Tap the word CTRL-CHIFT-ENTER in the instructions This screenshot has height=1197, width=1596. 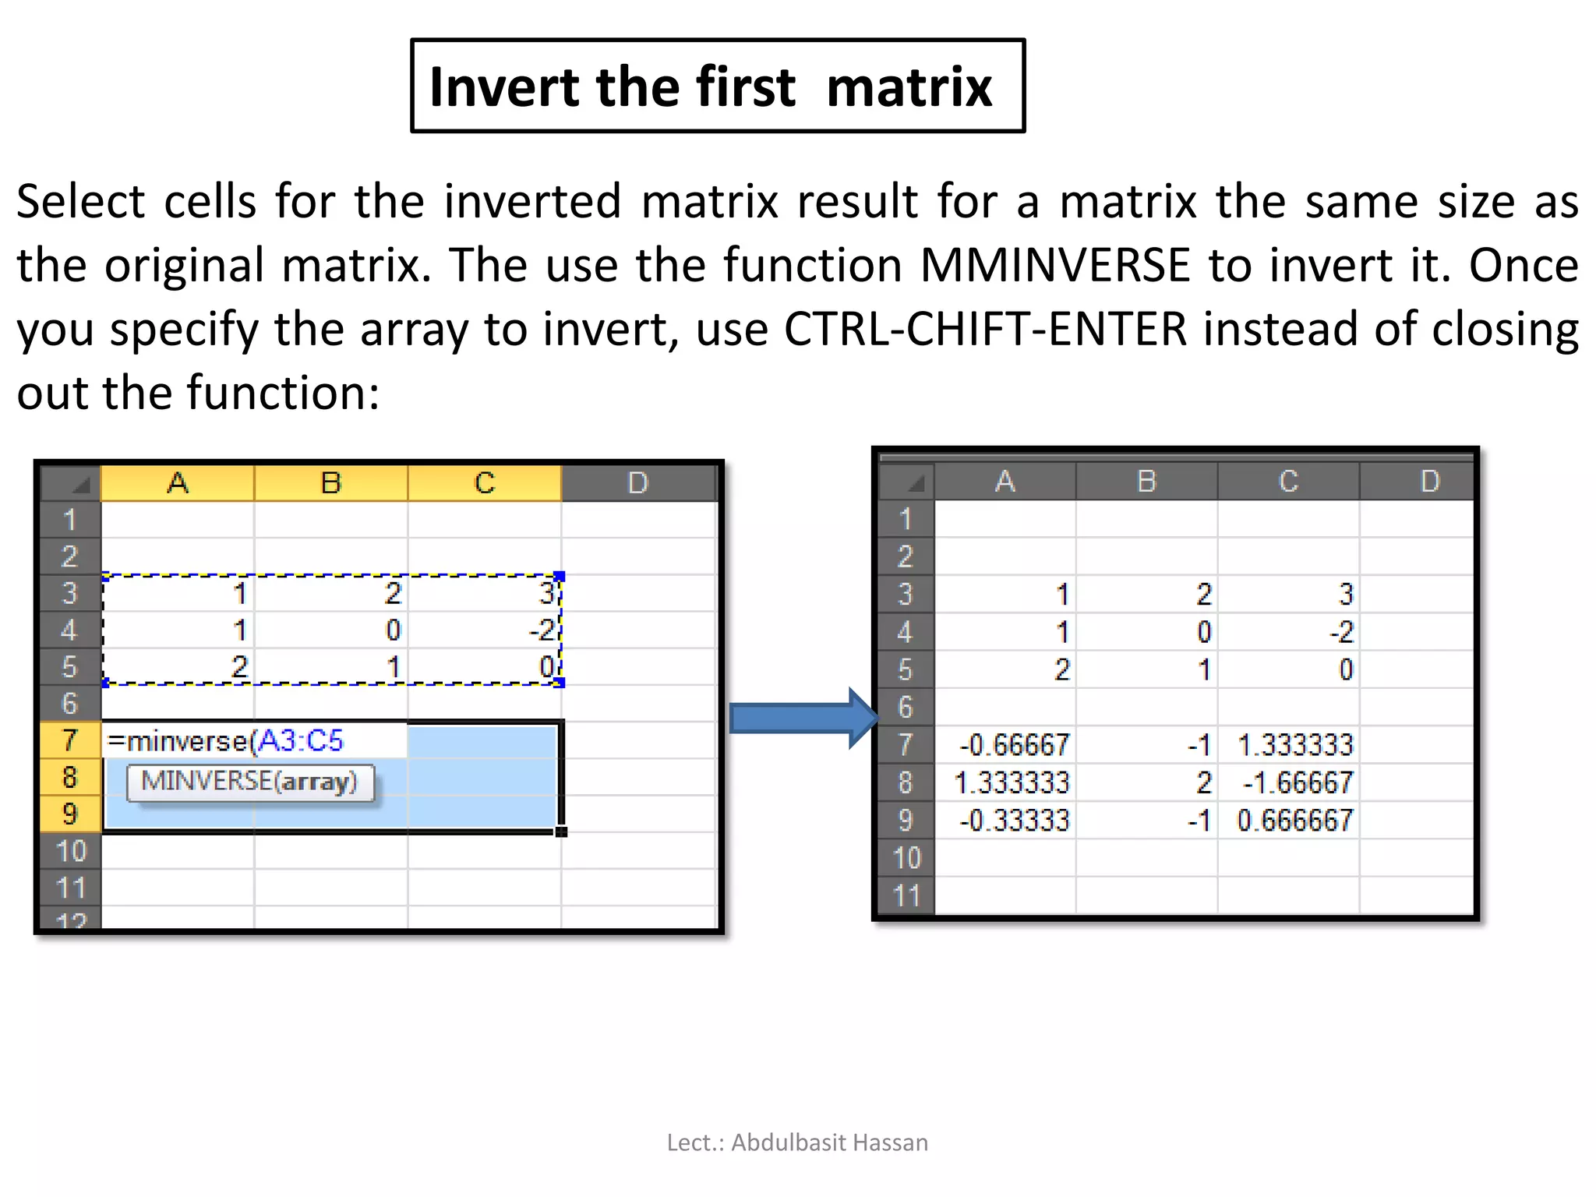click(985, 329)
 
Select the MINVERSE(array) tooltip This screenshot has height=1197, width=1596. click(249, 782)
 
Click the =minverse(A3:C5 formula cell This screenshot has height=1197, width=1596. click(226, 740)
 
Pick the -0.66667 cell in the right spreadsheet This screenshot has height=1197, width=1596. click(1014, 745)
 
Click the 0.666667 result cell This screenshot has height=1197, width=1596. click(1294, 821)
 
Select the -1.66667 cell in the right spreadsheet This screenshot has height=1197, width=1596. click(1298, 782)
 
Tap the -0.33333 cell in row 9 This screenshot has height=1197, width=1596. click(1014, 821)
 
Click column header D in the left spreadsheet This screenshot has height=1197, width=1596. click(637, 483)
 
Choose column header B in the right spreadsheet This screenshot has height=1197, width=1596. click(1146, 482)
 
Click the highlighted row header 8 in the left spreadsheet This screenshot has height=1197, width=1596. click(70, 777)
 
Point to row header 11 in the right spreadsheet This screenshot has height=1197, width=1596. click(906, 895)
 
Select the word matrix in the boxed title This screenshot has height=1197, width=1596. click(909, 87)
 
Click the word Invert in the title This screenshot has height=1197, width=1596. click(504, 87)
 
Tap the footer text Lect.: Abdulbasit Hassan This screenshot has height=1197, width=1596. click(797, 1142)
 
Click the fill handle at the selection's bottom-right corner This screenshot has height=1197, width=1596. click(561, 832)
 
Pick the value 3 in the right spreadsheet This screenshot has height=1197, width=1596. click(1345, 595)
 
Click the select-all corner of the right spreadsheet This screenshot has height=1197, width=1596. click(907, 482)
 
